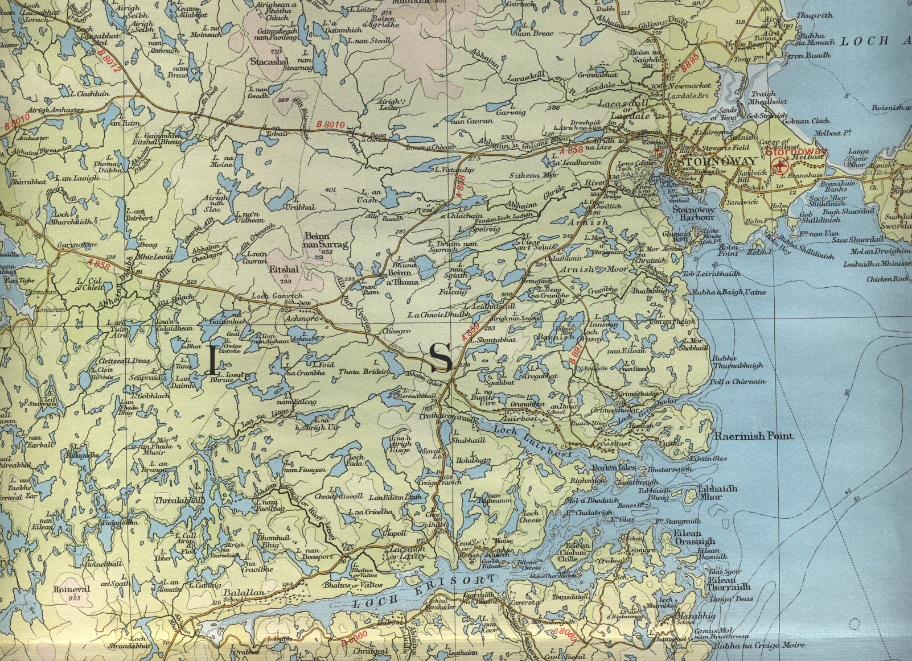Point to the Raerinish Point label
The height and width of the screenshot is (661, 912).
point(754,436)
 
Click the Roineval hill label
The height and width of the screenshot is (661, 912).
point(72,590)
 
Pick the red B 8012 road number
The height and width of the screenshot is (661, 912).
point(110,61)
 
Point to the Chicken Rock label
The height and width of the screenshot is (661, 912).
point(888,279)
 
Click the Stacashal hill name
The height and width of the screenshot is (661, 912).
point(270,62)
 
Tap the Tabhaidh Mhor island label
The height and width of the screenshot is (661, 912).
point(717,492)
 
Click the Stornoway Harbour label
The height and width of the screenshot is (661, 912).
point(693,213)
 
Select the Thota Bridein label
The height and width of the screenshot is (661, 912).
point(364,371)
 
